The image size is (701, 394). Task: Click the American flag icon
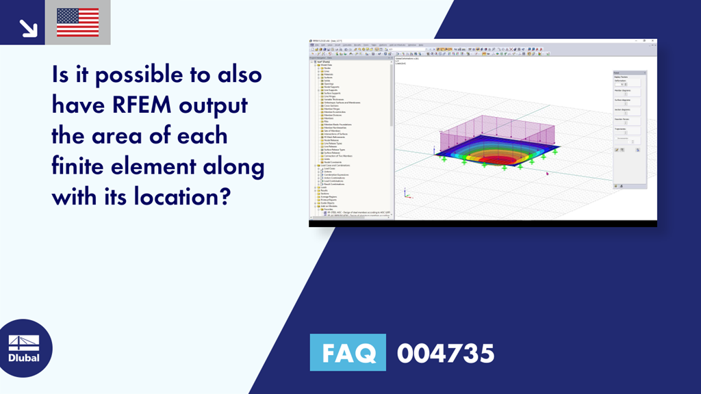coord(78,23)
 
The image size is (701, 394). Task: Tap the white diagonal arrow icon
coord(27,27)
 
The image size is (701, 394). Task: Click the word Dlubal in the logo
coord(23,358)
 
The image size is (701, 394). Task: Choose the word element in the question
coord(175,167)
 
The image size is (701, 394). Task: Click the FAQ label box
coord(348,353)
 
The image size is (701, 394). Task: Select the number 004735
coord(445,353)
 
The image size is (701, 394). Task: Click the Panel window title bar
coord(628,72)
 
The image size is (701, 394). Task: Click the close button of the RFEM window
coord(654,41)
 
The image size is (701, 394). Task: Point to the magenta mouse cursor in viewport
coord(547,173)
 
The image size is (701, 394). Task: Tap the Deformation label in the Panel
coord(620,80)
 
